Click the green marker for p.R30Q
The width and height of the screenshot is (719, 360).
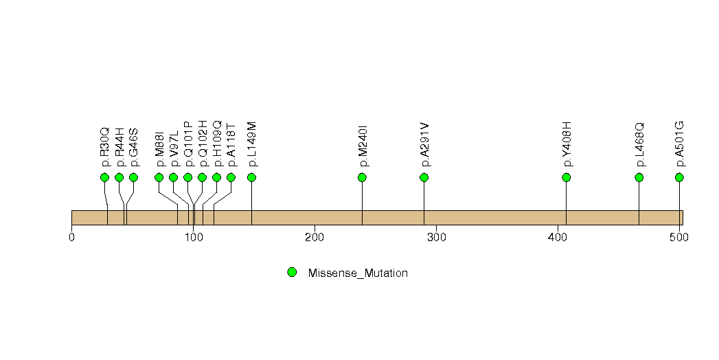click(x=104, y=177)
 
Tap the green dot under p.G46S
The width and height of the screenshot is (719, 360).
click(x=133, y=177)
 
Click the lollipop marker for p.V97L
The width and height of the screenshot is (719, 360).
click(x=173, y=177)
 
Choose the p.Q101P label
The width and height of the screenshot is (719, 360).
click(x=188, y=144)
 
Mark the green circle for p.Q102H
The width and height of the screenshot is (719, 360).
click(x=202, y=177)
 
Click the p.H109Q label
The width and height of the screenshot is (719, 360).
click(x=217, y=144)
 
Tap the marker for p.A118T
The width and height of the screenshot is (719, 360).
click(x=231, y=177)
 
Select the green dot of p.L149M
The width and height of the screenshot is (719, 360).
click(x=251, y=177)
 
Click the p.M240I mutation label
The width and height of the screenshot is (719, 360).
click(x=363, y=146)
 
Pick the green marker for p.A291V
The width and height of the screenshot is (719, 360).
click(x=424, y=177)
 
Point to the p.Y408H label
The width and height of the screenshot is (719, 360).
click(x=567, y=145)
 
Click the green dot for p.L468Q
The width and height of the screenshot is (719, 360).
click(x=639, y=177)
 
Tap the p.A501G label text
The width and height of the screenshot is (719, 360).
click(x=680, y=144)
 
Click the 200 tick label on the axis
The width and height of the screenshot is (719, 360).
click(x=315, y=237)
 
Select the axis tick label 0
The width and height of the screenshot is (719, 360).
click(x=71, y=237)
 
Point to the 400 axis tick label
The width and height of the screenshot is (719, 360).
click(x=558, y=237)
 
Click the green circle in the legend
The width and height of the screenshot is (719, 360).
click(x=292, y=273)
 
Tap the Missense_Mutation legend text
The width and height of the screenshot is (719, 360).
click(x=358, y=273)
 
